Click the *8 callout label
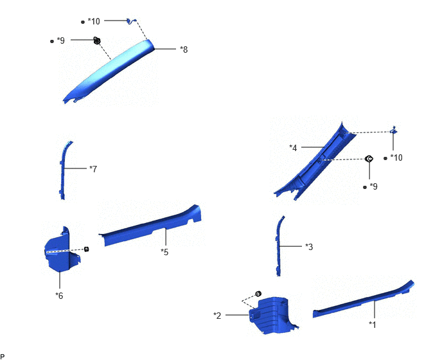(x=184, y=50)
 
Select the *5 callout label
(x=164, y=252)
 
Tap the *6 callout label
(x=59, y=295)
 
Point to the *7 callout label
(x=93, y=169)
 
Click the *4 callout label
(x=293, y=148)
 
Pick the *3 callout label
(x=309, y=247)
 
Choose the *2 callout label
(x=217, y=316)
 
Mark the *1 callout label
(x=373, y=325)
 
